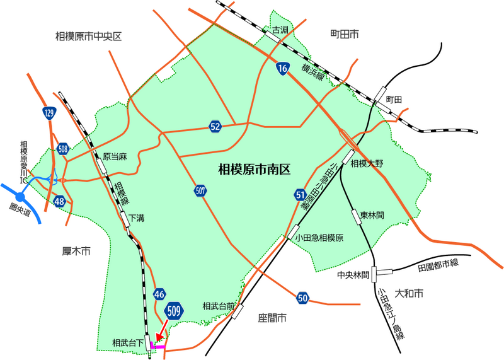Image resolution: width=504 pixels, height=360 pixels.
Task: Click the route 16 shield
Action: pos(282,68)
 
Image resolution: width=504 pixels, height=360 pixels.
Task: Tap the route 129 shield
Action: pos(49,113)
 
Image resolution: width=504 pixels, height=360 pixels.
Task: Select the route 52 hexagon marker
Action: pos(215,127)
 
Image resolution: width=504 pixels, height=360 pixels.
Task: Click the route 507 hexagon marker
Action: pos(200,190)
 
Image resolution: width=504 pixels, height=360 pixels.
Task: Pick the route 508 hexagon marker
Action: pos(62,149)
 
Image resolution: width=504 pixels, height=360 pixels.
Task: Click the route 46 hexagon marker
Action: pos(159,294)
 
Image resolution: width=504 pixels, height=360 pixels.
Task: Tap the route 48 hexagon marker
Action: pos(60,202)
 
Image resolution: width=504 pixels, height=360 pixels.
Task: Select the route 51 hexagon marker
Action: pos(300,195)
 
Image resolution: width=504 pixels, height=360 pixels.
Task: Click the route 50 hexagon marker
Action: pos(303,297)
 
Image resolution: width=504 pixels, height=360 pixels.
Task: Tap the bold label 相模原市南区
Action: pos(254,169)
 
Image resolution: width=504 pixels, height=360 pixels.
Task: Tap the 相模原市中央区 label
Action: pos(88,37)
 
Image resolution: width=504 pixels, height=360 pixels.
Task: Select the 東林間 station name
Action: pos(372,215)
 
